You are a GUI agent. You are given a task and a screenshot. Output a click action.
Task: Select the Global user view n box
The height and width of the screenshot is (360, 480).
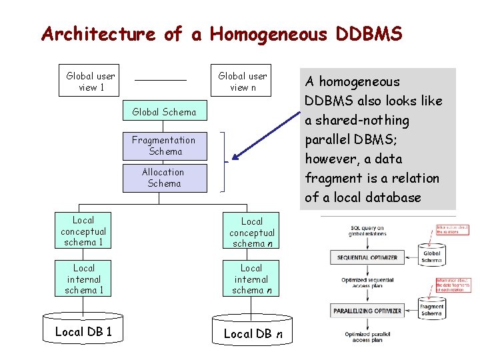pos(242,81)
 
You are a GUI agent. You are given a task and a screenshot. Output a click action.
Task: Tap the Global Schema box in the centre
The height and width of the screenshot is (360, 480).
pos(165,112)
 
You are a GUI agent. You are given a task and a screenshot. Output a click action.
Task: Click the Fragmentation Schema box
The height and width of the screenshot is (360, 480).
pos(165,145)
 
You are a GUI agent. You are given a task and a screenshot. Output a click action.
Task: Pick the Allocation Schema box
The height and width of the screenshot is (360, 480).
pos(165,177)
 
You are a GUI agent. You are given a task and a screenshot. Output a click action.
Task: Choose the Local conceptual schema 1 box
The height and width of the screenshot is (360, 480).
pos(83,231)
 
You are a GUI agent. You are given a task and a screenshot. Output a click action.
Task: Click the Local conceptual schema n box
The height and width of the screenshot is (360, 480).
pos(251,232)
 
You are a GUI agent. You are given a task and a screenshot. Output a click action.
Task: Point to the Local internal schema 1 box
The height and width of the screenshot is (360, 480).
pos(83,279)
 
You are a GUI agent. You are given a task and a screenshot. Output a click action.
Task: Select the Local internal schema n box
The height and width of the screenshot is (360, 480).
pos(251,279)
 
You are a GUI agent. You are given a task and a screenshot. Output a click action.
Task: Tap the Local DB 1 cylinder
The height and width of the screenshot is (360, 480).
pos(83,332)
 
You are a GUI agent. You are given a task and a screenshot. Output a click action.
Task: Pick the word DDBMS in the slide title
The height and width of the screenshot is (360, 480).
pos(367,33)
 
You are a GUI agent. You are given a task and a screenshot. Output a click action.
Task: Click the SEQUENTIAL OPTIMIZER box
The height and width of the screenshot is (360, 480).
pos(367,257)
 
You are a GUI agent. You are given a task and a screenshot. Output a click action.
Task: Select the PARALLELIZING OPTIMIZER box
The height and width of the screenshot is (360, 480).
pos(368,311)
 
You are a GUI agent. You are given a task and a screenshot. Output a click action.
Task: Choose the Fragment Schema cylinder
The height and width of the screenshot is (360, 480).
pos(431,309)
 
